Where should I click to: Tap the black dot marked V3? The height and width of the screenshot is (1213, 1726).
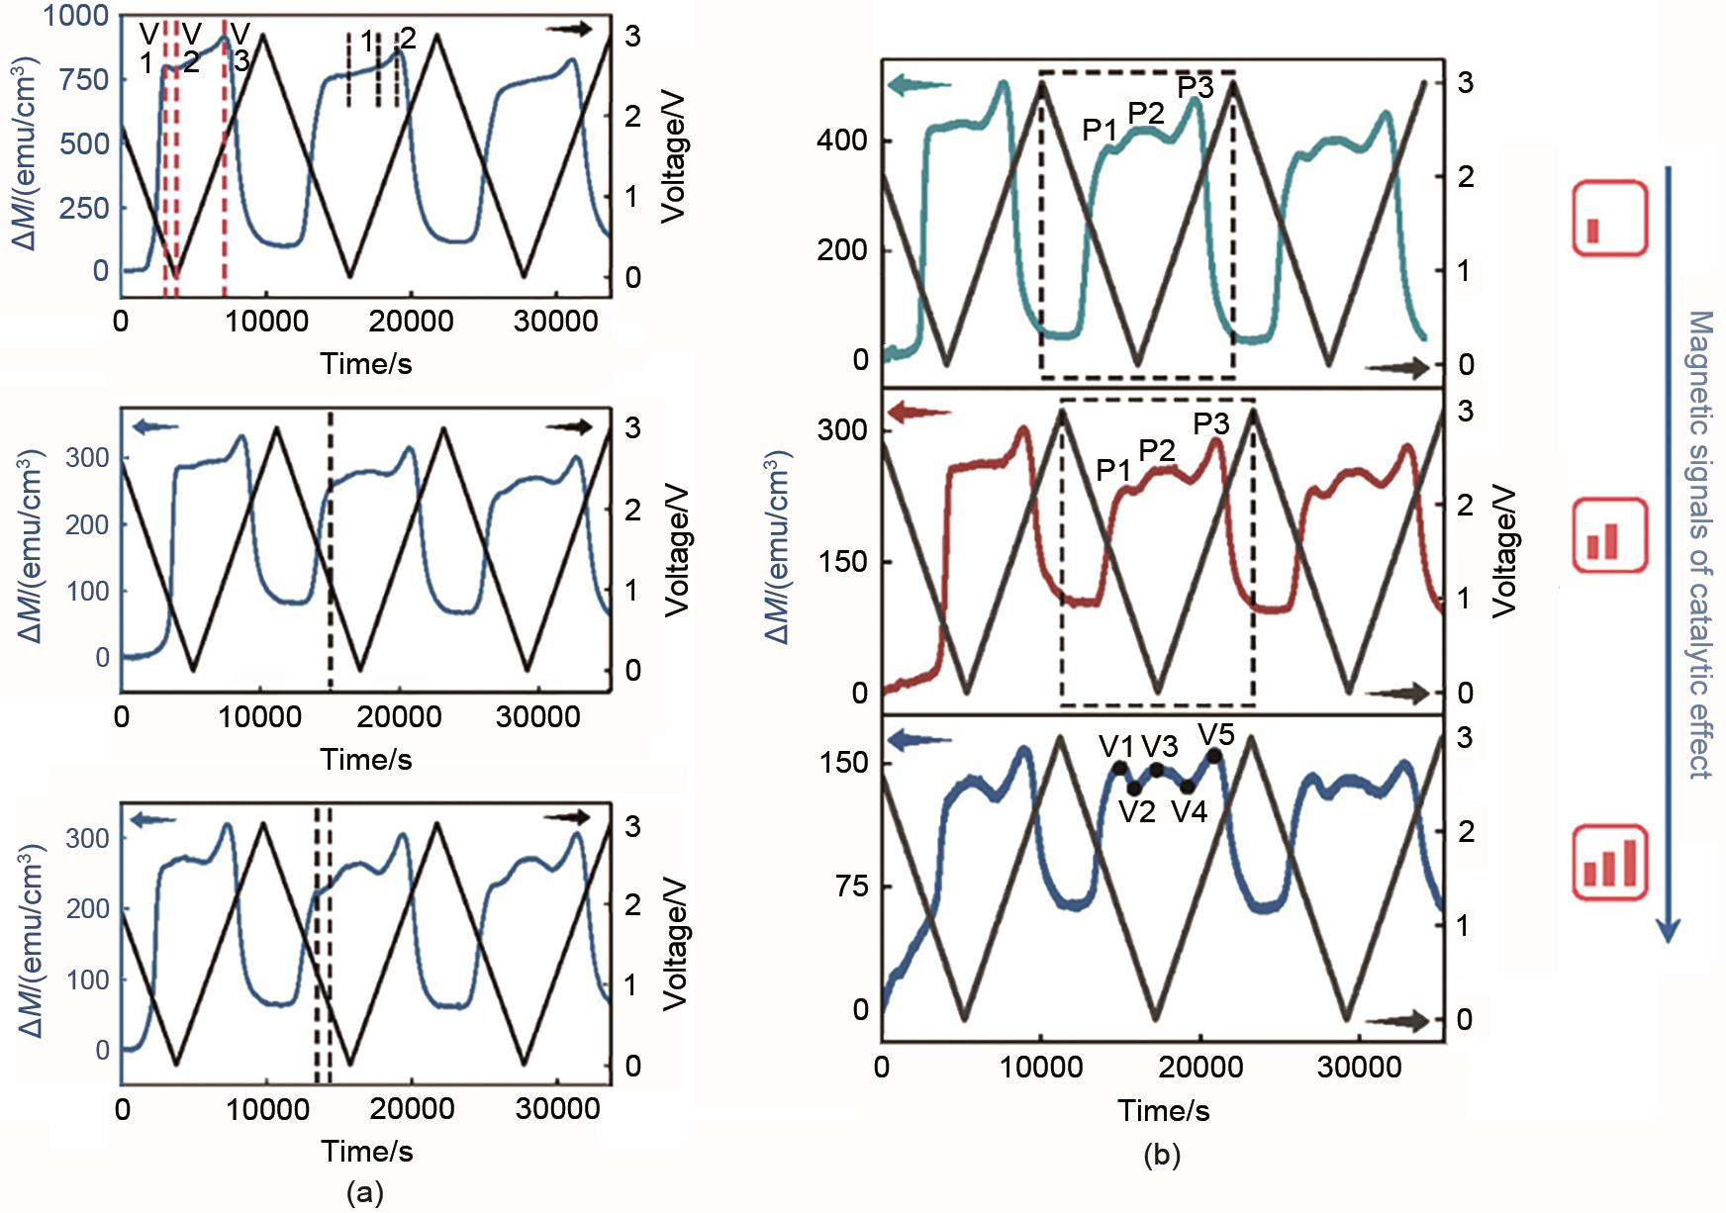point(1156,769)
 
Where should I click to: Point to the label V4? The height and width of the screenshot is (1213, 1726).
point(1190,812)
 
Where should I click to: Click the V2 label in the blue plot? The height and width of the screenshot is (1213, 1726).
point(1137,812)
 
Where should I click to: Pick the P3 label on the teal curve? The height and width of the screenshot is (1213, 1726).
point(1196,87)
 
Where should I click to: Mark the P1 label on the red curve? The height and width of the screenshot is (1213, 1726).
point(1113,470)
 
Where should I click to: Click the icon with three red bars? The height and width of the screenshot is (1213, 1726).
point(1610,862)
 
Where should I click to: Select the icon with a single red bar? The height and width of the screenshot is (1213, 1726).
point(1610,219)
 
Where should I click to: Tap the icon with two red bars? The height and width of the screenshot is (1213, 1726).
point(1610,535)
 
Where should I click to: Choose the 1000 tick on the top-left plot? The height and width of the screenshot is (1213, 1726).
point(75,16)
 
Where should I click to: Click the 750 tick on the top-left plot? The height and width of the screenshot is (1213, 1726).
point(84,79)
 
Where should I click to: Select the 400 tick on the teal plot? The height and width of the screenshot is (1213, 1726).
point(841,140)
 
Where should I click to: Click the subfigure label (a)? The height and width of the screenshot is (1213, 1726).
point(364,1193)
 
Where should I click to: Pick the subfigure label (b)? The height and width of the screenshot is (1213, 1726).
point(1162,1154)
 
